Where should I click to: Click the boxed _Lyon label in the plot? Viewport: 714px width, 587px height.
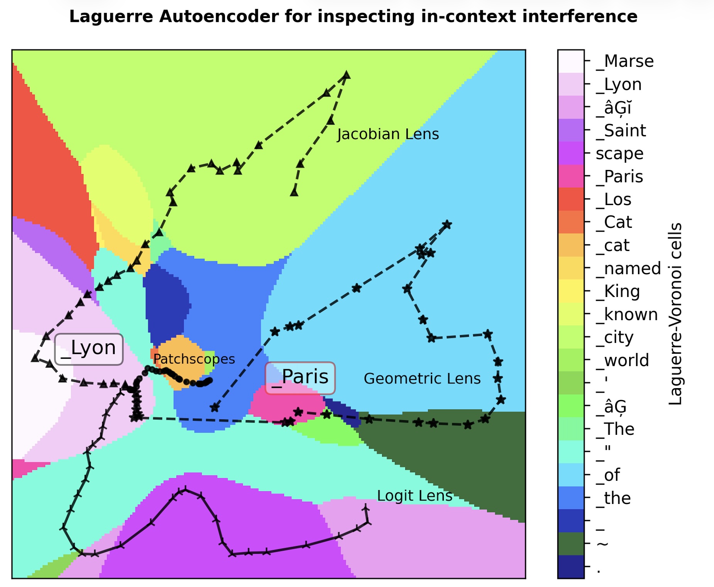(x=89, y=349)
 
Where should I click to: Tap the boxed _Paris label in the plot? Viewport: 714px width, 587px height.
(x=300, y=378)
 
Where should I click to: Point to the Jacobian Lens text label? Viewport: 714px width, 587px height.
(x=388, y=134)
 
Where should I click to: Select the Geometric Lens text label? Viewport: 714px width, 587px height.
(x=422, y=379)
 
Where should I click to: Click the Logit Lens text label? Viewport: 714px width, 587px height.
(x=415, y=496)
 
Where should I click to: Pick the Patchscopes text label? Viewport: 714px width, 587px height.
(x=194, y=359)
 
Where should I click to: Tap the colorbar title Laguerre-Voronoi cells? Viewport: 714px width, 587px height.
(x=675, y=314)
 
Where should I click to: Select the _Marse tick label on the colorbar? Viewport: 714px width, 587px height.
(x=625, y=61)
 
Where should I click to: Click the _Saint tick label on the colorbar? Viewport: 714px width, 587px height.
(x=621, y=131)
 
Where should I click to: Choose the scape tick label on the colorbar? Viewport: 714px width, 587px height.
(x=620, y=154)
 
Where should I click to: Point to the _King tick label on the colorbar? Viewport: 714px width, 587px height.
(x=618, y=291)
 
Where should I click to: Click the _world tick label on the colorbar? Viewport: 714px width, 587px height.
(x=623, y=360)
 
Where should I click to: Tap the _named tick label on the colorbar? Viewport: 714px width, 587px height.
(x=628, y=268)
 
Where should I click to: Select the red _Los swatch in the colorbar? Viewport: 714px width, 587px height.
(x=571, y=199)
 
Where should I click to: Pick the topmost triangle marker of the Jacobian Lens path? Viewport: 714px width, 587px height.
(x=347, y=75)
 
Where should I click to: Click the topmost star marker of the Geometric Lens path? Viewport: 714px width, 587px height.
(x=447, y=224)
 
